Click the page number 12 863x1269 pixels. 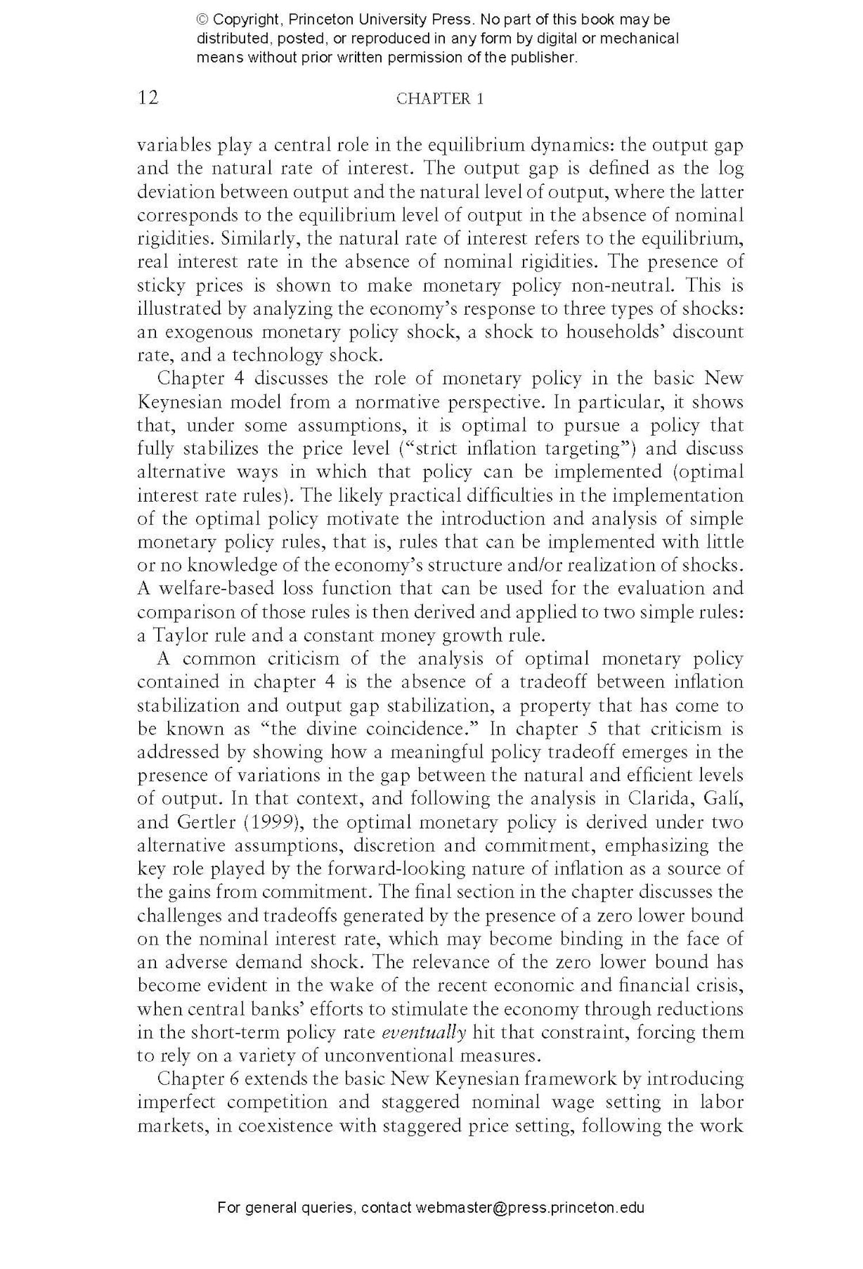click(x=148, y=98)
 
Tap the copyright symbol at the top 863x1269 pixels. click(x=203, y=20)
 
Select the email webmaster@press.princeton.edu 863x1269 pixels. click(x=529, y=1223)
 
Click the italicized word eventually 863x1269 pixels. click(x=424, y=1033)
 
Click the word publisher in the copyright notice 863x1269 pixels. click(x=543, y=58)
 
